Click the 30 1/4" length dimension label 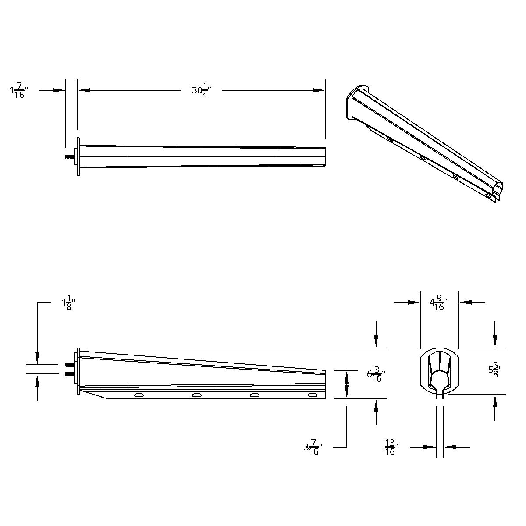[x=202, y=91]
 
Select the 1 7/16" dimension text [x=18, y=91]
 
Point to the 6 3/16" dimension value [x=376, y=376]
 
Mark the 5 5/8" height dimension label [x=495, y=370]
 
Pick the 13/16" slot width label [x=391, y=447]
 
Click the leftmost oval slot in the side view [x=139, y=395]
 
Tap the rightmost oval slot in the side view [x=313, y=395]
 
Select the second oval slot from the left [x=197, y=395]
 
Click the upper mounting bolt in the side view [x=69, y=365]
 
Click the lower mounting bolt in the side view [x=69, y=374]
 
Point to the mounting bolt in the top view [x=69, y=156]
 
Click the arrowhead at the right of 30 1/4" [x=319, y=90]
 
